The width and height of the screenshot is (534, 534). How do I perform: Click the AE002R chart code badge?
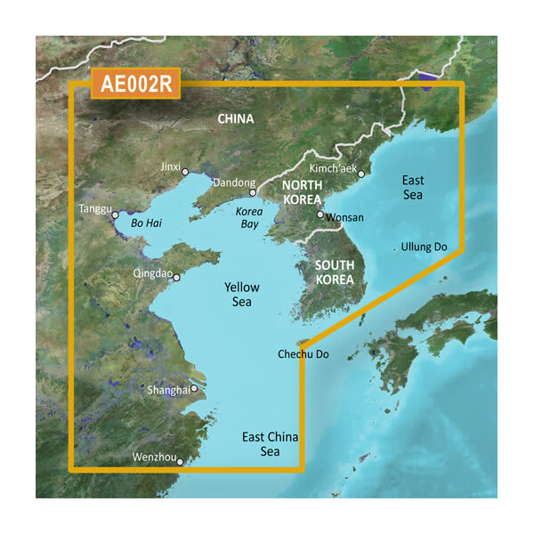136,85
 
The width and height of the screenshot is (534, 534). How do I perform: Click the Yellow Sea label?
241,295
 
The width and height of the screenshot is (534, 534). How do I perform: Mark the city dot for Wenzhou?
180,461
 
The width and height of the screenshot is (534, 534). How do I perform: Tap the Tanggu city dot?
115,214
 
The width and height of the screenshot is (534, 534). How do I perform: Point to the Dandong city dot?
252,192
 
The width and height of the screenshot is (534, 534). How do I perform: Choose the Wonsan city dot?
320,214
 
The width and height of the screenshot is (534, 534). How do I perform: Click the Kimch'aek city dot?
361,174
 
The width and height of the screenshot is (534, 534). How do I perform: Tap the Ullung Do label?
425,247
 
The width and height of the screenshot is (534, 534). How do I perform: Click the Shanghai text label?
168,390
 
